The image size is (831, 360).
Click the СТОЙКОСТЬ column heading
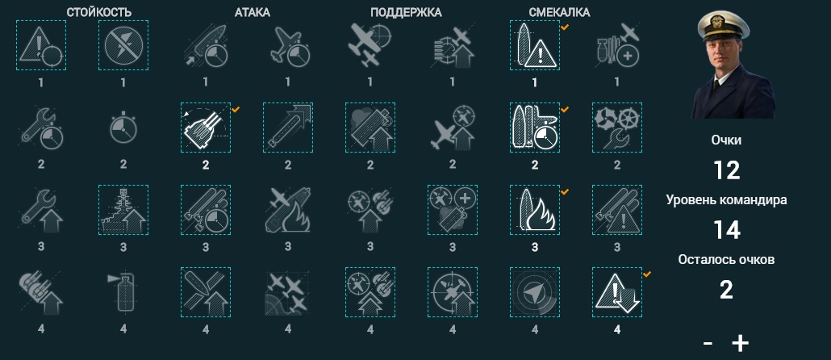click(99, 11)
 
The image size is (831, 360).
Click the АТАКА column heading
click(253, 11)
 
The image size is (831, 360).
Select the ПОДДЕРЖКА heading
click(406, 11)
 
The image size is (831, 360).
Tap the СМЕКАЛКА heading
click(559, 11)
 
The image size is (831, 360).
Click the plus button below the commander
click(741, 344)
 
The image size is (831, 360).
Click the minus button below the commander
click(708, 344)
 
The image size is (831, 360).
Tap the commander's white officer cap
click(724, 24)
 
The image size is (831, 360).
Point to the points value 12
click(726, 170)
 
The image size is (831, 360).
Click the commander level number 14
click(726, 230)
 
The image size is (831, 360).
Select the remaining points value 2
click(726, 290)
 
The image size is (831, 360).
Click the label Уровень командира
click(726, 200)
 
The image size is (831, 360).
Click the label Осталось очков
click(726, 260)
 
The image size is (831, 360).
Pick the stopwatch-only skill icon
click(123, 128)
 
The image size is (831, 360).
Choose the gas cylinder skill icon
click(123, 292)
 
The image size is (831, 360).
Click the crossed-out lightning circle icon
click(123, 45)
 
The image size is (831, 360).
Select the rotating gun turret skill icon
click(206, 128)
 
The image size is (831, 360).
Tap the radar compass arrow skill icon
click(535, 292)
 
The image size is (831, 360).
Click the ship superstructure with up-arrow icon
click(123, 210)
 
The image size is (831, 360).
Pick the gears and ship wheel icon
click(617, 128)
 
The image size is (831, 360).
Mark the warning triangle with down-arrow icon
click(617, 292)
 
